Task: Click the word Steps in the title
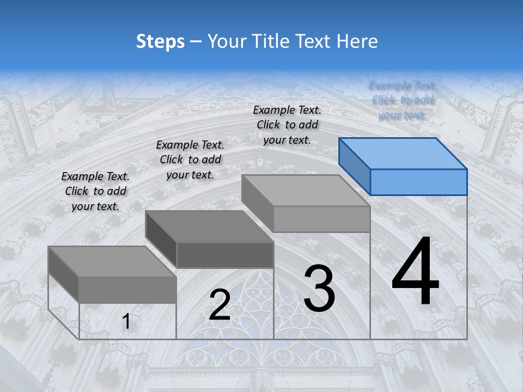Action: tap(160, 41)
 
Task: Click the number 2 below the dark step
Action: tap(220, 305)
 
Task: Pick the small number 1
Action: tap(126, 321)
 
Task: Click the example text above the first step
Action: tap(95, 191)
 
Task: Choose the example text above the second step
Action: tap(190, 160)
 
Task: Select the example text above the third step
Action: tap(287, 125)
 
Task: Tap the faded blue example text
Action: tap(402, 100)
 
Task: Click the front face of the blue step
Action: tap(418, 182)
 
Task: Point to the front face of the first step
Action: tap(127, 290)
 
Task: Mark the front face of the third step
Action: tap(321, 219)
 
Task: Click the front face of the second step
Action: tap(225, 255)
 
